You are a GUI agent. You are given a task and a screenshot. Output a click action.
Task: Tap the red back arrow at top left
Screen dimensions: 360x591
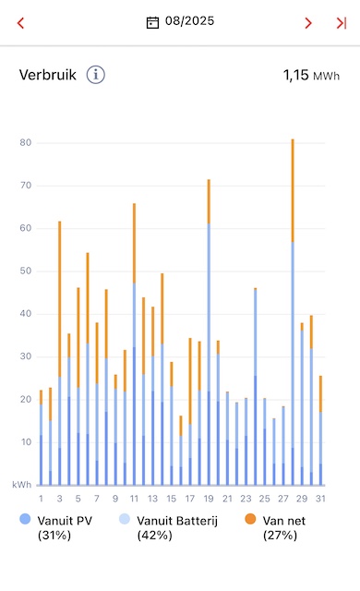(20, 23)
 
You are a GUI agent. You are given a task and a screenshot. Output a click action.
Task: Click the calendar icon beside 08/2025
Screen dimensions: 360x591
(152, 22)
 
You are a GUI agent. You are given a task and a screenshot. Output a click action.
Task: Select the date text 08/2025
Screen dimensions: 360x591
(190, 21)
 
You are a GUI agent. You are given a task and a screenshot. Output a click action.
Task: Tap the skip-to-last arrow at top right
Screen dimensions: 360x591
(342, 23)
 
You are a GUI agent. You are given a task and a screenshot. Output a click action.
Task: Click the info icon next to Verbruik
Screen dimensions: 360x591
(96, 75)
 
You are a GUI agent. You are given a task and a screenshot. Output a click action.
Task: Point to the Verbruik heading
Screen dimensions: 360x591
(48, 75)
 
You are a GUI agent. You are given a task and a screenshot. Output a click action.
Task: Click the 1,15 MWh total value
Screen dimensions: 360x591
(311, 76)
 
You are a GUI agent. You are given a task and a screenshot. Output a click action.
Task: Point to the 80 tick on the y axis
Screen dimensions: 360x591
(26, 142)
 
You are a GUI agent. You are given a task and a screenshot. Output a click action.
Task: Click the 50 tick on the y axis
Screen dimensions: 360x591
(26, 271)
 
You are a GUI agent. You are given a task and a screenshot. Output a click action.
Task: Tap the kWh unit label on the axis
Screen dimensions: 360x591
(22, 485)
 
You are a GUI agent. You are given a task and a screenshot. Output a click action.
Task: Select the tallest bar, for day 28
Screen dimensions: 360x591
(293, 312)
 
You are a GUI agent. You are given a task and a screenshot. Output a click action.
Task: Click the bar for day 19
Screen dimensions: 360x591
(209, 332)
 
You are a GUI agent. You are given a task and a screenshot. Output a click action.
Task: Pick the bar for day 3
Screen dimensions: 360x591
(59, 353)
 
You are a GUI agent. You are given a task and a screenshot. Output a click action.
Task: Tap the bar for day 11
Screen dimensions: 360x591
(134, 344)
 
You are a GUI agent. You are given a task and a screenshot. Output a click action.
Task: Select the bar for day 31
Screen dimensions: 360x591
(320, 430)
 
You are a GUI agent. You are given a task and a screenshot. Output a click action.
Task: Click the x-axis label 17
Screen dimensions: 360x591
(190, 499)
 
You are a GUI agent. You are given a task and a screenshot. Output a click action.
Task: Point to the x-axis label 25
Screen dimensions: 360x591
(264, 499)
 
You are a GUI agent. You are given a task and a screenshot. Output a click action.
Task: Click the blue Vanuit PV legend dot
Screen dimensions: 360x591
(25, 519)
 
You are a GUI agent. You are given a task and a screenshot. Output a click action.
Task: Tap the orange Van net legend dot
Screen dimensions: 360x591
(250, 519)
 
